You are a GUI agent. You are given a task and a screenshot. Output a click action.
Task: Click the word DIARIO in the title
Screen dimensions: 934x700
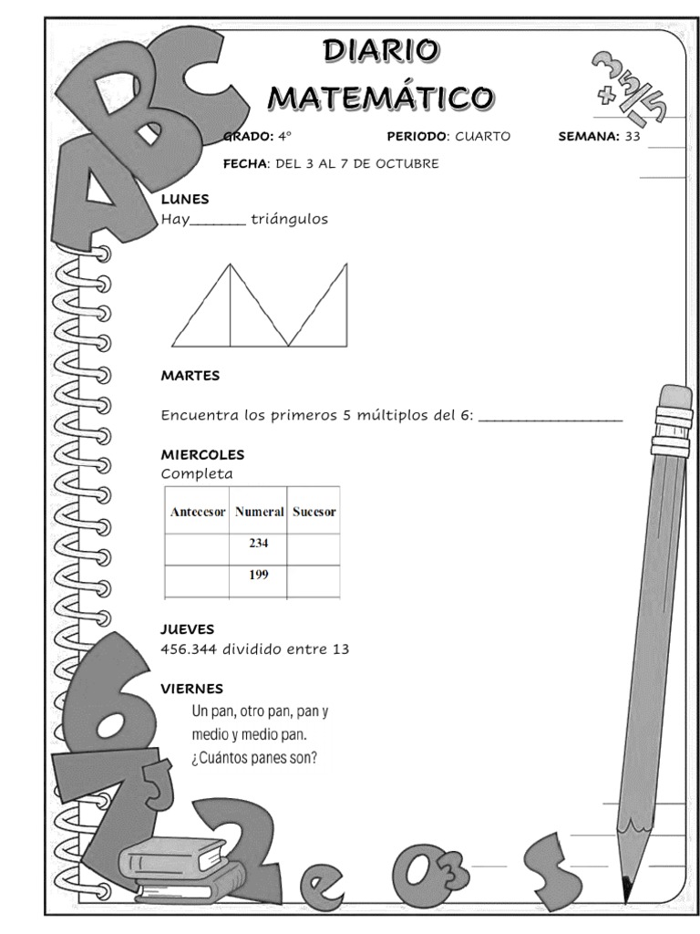(x=381, y=51)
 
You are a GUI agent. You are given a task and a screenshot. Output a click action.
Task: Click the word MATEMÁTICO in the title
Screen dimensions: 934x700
(x=381, y=95)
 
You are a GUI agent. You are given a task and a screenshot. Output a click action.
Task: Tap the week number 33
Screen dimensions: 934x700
(x=633, y=137)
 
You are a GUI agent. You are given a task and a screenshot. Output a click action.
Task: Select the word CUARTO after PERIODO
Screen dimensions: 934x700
(x=482, y=137)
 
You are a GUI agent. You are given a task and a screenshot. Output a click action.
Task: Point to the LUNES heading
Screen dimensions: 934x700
(x=185, y=199)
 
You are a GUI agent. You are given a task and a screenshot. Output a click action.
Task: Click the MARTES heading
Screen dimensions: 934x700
(x=190, y=375)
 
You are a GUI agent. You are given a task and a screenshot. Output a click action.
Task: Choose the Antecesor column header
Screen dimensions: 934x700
(x=197, y=512)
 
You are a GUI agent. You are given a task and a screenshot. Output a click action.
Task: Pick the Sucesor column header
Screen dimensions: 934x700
(x=314, y=512)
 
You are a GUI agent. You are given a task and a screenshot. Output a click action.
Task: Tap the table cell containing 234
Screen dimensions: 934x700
(x=258, y=544)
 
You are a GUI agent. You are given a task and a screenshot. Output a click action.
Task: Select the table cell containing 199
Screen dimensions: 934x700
(x=258, y=576)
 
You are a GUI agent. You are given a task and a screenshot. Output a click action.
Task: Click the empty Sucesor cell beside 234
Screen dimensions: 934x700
(x=314, y=545)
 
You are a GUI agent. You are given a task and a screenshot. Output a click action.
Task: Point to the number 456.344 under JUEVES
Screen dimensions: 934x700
(x=189, y=649)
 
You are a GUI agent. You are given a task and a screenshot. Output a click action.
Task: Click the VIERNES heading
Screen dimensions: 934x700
(x=192, y=689)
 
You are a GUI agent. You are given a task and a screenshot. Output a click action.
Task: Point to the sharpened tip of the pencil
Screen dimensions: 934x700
(x=627, y=886)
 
